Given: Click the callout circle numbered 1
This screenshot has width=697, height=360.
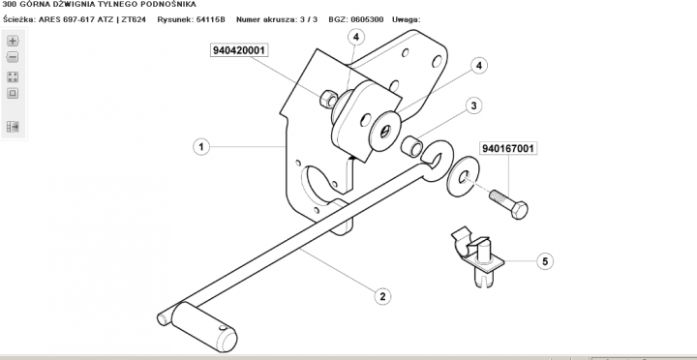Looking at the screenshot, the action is pyautogui.click(x=201, y=147).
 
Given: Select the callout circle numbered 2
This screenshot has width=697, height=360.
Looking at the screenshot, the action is pyautogui.click(x=382, y=296).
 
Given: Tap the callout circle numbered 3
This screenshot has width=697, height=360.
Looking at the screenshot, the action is pyautogui.click(x=473, y=105).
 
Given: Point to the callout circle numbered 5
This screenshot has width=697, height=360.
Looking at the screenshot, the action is pyautogui.click(x=545, y=261).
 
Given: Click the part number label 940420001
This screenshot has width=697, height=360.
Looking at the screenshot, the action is pyautogui.click(x=239, y=50).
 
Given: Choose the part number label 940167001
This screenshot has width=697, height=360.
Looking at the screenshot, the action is pyautogui.click(x=507, y=148).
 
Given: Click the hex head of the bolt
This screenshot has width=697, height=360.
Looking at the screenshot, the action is pyautogui.click(x=519, y=209).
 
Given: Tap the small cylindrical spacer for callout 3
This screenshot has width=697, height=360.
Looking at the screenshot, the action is pyautogui.click(x=411, y=146).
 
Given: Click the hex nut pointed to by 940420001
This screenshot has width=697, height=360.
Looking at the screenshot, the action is pyautogui.click(x=328, y=98).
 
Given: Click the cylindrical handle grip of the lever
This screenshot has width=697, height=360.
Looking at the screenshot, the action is pyautogui.click(x=204, y=327).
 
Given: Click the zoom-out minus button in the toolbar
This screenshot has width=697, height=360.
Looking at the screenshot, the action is pyautogui.click(x=13, y=57).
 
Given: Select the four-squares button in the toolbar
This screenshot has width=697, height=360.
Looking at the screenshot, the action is pyautogui.click(x=13, y=76).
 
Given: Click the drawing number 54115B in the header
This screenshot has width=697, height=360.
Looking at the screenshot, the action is pyautogui.click(x=211, y=19).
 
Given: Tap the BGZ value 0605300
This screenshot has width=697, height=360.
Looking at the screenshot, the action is pyautogui.click(x=367, y=19).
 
